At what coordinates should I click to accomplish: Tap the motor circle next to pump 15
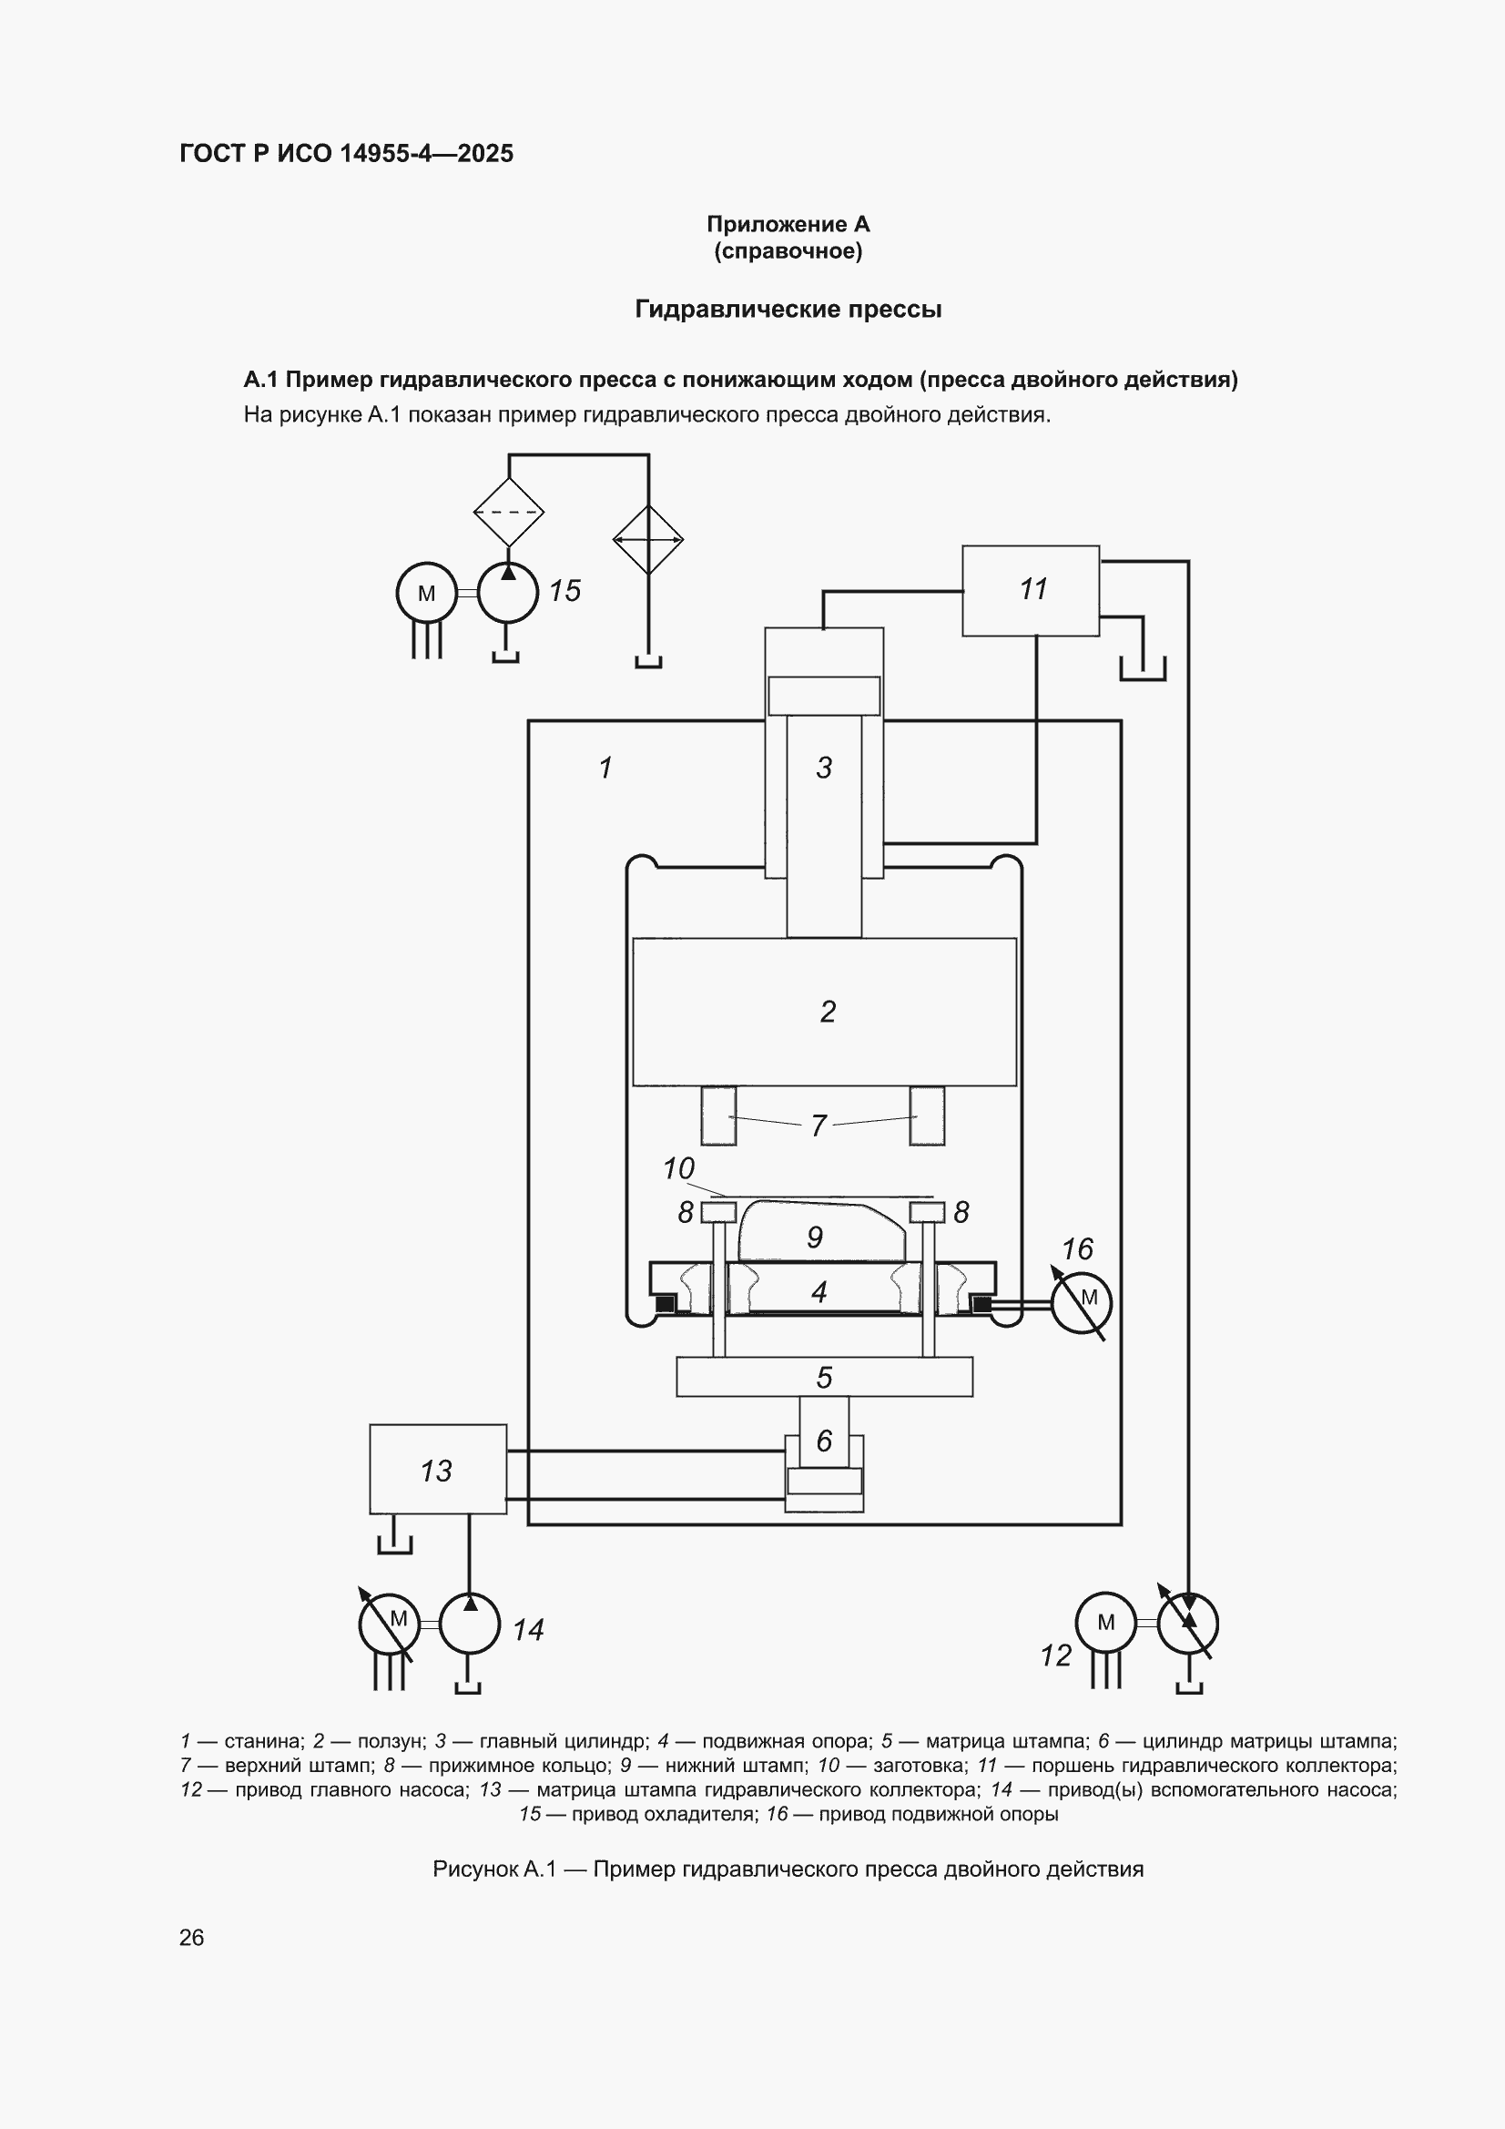(427, 593)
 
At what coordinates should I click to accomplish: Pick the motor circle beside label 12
(1105, 1623)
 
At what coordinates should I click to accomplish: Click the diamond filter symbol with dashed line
(508, 512)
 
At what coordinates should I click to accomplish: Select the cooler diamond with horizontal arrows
(648, 540)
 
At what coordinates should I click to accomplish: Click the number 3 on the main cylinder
(824, 767)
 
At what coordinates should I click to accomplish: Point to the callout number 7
(819, 1126)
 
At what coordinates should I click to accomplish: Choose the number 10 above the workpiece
(679, 1168)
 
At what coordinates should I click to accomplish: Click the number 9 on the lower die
(815, 1237)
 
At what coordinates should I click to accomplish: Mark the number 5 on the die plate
(824, 1377)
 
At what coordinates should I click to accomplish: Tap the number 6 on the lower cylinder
(824, 1440)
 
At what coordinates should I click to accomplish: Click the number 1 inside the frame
(605, 768)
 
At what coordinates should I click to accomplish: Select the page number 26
(192, 1937)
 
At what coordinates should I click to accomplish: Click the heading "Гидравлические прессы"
(788, 309)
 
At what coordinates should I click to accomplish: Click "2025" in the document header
(485, 153)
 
